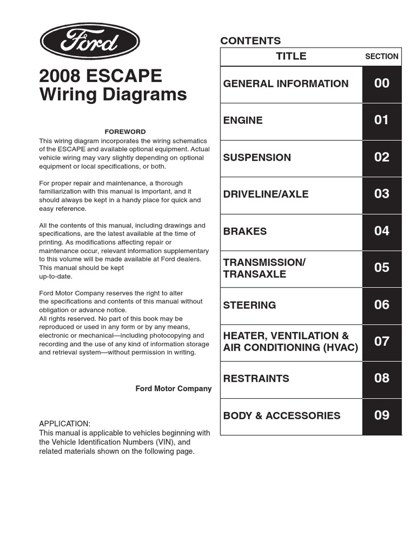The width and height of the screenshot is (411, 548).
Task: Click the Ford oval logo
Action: point(89,41)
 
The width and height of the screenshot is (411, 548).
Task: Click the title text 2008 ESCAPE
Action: point(100,76)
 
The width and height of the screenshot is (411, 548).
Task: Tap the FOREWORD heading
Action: point(125,132)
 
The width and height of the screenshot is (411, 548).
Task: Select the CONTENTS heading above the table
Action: point(250,41)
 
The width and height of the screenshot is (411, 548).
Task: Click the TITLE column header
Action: point(291,56)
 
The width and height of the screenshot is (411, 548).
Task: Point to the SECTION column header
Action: point(382,56)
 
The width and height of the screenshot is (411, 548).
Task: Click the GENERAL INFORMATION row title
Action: point(286,83)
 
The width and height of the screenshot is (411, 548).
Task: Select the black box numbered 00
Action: point(382,83)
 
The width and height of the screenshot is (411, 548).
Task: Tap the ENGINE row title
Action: point(243,120)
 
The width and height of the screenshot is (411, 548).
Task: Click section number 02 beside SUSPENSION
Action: point(382,157)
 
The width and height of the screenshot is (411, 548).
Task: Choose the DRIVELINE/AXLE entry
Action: point(266,194)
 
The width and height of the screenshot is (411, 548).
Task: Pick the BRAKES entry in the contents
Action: point(245,231)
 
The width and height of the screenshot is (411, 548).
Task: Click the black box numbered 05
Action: point(382,268)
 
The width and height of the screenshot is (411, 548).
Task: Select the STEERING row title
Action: point(249,305)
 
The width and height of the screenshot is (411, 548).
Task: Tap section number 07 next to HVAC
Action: point(382,341)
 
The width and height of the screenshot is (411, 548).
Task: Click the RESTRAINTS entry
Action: point(256,378)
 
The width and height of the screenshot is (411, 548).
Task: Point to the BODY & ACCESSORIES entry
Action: point(281,416)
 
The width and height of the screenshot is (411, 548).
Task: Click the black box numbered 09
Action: point(382,415)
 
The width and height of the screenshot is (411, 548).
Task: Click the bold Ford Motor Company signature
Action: point(173,389)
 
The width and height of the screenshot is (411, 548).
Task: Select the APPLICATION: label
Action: point(65,423)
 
